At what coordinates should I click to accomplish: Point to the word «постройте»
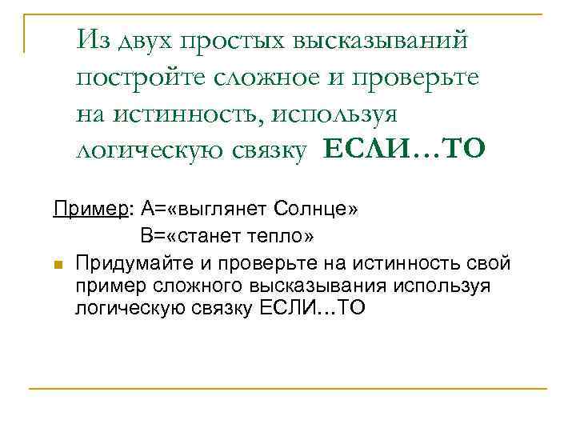[x=140, y=78]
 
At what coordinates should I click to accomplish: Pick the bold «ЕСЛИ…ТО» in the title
[x=404, y=150]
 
